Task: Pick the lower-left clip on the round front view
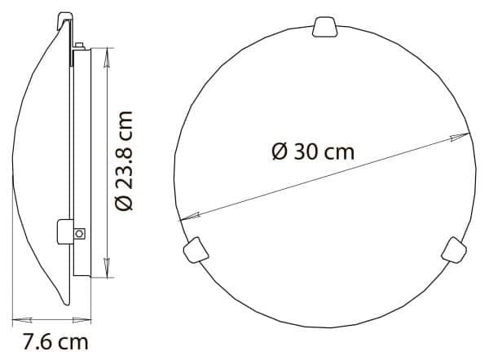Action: coord(193,248)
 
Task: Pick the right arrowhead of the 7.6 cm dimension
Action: coord(84,318)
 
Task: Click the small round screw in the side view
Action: coord(79,234)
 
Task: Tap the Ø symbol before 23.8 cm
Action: coord(125,201)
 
